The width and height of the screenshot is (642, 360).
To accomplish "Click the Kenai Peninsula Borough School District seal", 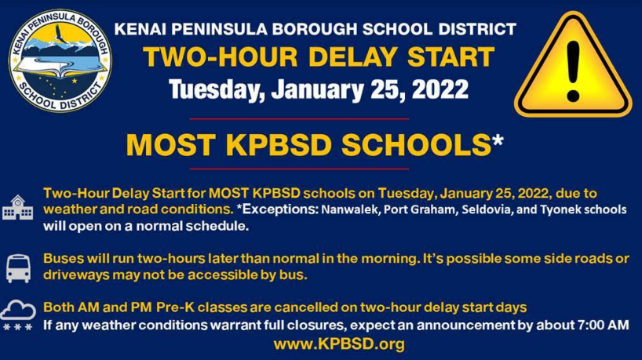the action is coord(60,60).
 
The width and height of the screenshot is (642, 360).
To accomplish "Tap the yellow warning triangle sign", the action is coord(573,64).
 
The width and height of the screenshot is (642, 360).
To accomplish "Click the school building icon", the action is coord(17,207).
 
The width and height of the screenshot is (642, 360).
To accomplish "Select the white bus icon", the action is coord(18,268).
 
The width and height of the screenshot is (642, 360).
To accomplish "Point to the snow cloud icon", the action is coord(18,315).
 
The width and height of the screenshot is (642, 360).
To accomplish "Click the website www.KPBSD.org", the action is coord(339,344).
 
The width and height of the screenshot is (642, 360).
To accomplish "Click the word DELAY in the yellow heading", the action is coord(352,56).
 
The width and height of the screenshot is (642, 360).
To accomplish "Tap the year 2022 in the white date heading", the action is coord(440,89).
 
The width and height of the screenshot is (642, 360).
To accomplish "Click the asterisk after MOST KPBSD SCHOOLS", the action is coord(498,140).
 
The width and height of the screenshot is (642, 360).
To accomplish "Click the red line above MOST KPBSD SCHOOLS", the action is coord(299,119).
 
